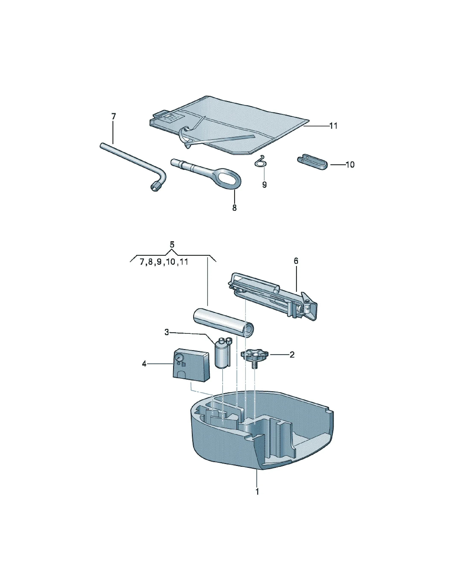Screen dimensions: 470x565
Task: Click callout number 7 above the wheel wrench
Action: click(x=114, y=117)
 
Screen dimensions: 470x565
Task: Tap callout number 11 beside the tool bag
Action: click(x=333, y=126)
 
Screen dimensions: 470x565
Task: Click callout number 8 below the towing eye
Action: click(x=234, y=208)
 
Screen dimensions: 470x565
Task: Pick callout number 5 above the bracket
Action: click(x=172, y=245)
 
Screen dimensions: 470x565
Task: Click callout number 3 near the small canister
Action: click(x=167, y=332)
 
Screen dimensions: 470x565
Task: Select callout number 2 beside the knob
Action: click(x=292, y=355)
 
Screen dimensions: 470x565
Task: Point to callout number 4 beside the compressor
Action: click(x=144, y=364)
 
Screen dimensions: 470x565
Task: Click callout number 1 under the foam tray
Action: click(x=257, y=491)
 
